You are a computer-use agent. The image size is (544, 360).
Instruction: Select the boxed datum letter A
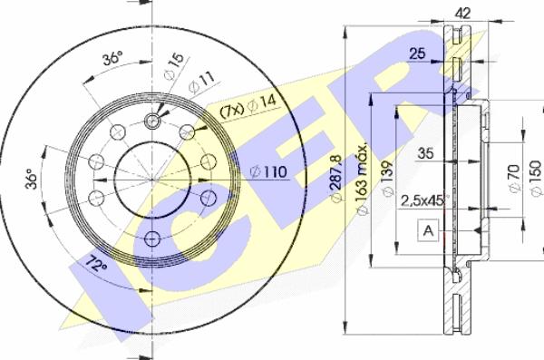pos(426,231)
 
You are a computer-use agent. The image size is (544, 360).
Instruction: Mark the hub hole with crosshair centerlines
pos(152,120)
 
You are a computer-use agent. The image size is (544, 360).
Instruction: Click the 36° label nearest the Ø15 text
pos(112,59)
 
